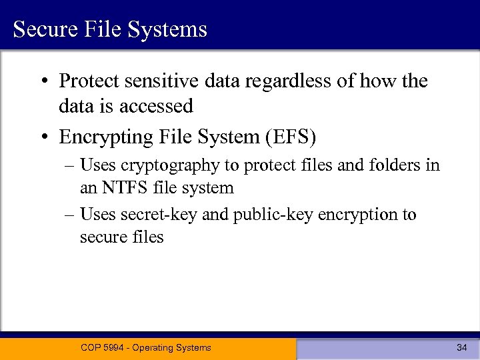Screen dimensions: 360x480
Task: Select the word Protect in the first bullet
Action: click(x=87, y=81)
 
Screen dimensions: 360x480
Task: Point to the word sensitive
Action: click(x=153, y=81)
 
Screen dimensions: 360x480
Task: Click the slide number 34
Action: click(x=461, y=347)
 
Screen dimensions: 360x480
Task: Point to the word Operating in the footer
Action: click(x=155, y=347)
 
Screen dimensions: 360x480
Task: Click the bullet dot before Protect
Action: click(x=43, y=82)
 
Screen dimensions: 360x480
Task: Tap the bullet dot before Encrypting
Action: click(x=43, y=137)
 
